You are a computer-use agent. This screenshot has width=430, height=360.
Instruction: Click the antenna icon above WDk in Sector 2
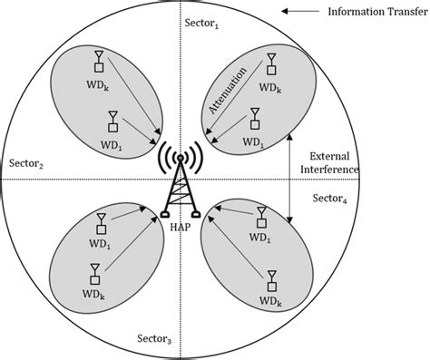[x=98, y=61]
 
